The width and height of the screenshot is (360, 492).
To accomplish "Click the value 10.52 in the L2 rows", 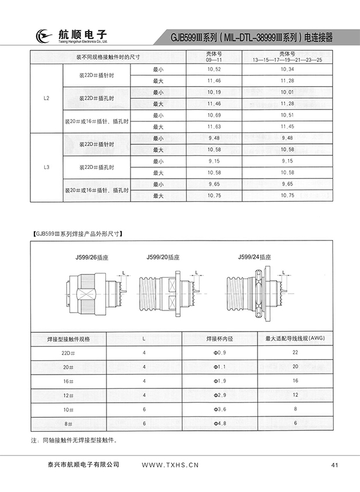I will point(214,69).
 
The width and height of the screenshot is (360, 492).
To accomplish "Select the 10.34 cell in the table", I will point(288,69).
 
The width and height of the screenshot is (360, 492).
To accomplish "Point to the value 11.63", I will point(214,127).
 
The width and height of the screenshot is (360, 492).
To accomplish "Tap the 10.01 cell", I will point(288,92).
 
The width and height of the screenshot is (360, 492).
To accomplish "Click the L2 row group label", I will point(46,98).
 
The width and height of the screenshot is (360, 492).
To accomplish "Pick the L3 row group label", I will point(46,167).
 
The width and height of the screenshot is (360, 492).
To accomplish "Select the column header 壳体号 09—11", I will point(214,57).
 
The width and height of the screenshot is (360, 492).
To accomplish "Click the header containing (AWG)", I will point(295,338).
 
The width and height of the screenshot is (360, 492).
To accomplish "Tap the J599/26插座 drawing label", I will point(85,258).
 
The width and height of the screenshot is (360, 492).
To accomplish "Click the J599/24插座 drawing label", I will point(255,258).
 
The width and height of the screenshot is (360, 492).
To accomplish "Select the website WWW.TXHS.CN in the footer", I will point(169,465).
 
